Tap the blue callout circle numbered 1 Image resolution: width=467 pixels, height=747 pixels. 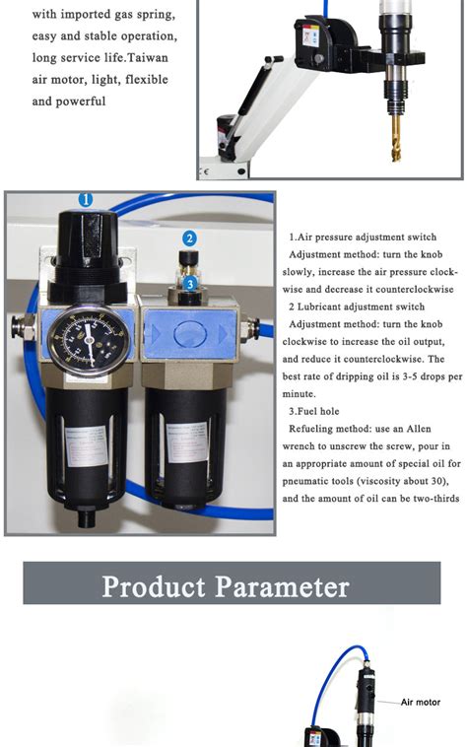[x=86, y=199]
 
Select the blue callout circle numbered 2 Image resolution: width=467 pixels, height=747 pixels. [x=190, y=238]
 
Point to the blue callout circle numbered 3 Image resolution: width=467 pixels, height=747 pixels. [x=190, y=283]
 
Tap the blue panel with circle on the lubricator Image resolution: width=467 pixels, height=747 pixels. [x=190, y=333]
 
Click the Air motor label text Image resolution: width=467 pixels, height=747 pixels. [x=422, y=703]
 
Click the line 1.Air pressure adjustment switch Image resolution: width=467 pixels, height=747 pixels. [x=363, y=238]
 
